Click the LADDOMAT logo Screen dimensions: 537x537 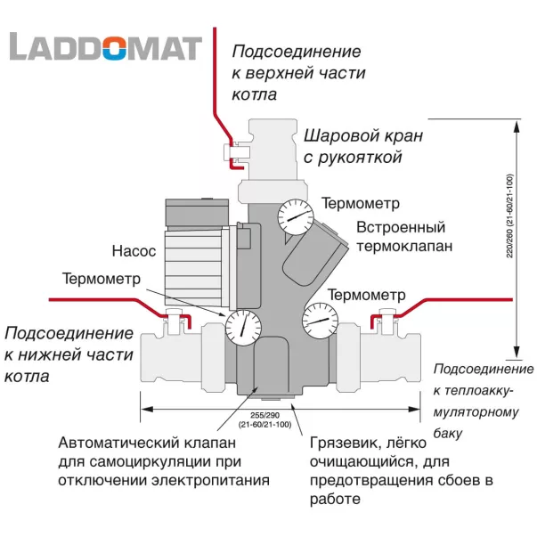105,46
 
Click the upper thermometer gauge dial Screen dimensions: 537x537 294,216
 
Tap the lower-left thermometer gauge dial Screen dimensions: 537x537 240,327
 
